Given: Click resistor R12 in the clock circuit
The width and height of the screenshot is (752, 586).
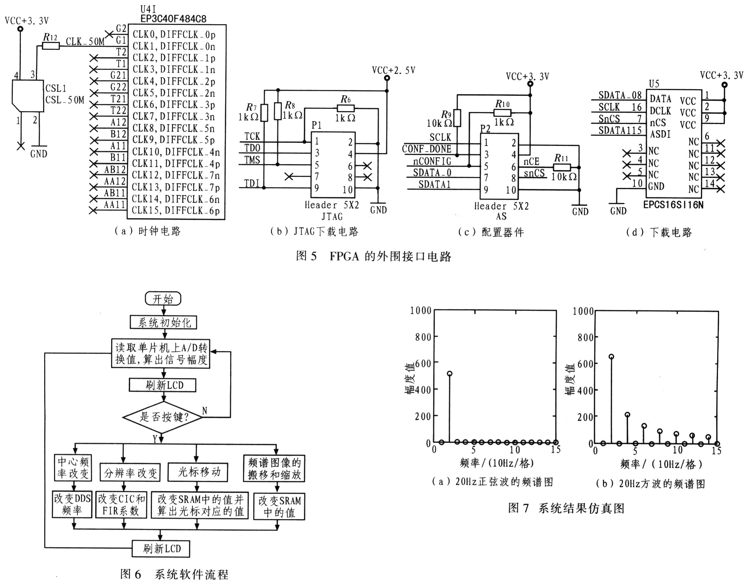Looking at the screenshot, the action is coord(51,46).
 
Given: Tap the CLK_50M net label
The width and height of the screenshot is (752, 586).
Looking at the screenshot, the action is coord(85,41).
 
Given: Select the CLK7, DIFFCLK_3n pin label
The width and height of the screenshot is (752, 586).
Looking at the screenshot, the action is coord(174,116).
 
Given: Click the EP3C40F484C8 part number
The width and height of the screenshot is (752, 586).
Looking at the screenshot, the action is coord(173,19).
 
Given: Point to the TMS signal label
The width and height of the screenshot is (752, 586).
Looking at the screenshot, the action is coord(252,160).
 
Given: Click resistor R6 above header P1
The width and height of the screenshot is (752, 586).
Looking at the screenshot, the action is coord(345,109).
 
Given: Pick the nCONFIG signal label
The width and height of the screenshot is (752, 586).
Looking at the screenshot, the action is coord(432,161).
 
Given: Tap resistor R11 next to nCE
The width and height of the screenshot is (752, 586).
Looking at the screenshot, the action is coord(562,167).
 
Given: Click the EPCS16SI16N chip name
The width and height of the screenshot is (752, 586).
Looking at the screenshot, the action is coord(673,205).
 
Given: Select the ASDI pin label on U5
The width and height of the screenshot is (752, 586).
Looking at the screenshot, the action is coord(660,134).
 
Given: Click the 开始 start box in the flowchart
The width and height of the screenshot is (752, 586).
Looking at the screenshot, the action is coord(163,299).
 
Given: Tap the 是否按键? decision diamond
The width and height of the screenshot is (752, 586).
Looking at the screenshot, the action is coord(164,417).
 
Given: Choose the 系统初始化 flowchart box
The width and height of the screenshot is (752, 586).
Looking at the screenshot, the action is coord(164,322).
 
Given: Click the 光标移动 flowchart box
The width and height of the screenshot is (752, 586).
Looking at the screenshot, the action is coord(198,472).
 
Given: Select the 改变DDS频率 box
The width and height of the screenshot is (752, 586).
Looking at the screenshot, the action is coord(72,505).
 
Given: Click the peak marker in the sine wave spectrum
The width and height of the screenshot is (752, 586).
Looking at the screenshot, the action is coord(449,374).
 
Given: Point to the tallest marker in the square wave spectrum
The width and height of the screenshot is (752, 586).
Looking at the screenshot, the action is coord(611,357).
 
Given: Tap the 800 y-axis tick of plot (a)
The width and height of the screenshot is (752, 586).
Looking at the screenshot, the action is coord(423,337).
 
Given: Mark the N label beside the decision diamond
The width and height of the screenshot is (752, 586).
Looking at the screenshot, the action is coord(204,411).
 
